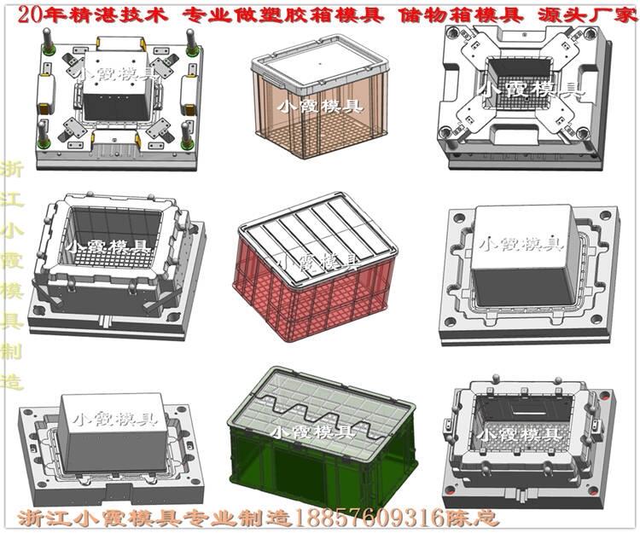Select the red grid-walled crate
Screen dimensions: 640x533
click(316, 266)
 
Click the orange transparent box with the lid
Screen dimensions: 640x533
click(319, 96)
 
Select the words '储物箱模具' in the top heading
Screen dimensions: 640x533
click(462, 14)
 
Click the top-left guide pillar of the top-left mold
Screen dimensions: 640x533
click(48, 42)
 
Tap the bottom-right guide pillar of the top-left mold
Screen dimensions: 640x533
click(187, 136)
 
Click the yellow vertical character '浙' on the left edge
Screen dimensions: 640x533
click(11, 170)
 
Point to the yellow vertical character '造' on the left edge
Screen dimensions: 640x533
click(11, 380)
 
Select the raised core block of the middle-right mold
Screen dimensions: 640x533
click(526, 254)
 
